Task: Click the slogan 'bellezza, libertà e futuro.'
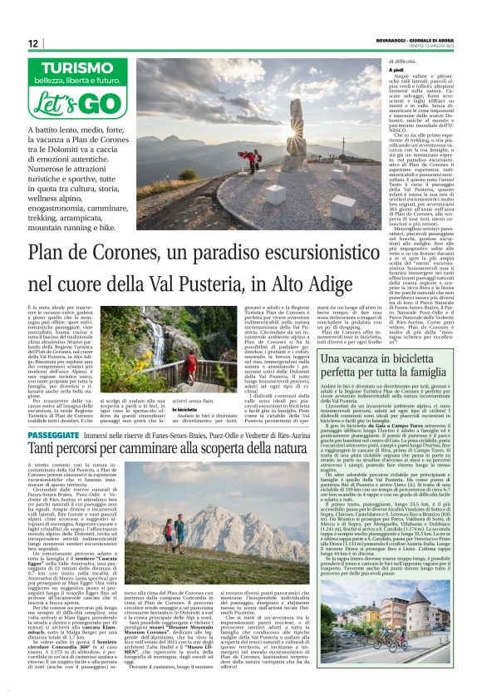80,81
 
